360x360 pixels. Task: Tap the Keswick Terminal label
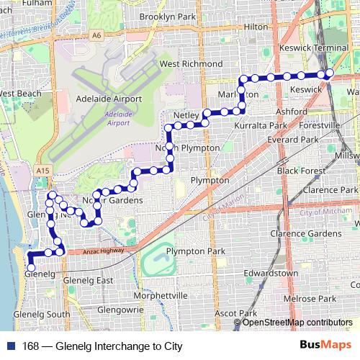314,47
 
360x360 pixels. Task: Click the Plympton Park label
195,251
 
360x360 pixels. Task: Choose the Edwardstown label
271,274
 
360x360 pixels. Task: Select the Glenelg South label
42,314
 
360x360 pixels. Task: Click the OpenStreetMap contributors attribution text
297,322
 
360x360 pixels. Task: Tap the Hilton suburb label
256,26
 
